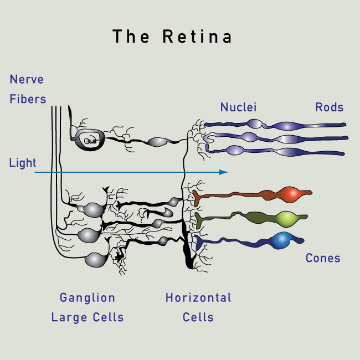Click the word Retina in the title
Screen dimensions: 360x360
197,37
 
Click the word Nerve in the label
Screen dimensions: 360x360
26,79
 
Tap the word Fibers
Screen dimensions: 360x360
28,99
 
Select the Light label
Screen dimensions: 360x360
23,163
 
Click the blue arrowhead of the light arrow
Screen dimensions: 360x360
224,172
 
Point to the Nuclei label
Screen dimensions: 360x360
238,107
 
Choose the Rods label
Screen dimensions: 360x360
329,107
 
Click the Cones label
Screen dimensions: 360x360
323,258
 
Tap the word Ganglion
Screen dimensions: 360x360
88,297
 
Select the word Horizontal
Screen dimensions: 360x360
198,297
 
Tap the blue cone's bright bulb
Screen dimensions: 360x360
282,240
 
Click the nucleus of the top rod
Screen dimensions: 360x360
254,124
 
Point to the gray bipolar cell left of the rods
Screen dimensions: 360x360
157,142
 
